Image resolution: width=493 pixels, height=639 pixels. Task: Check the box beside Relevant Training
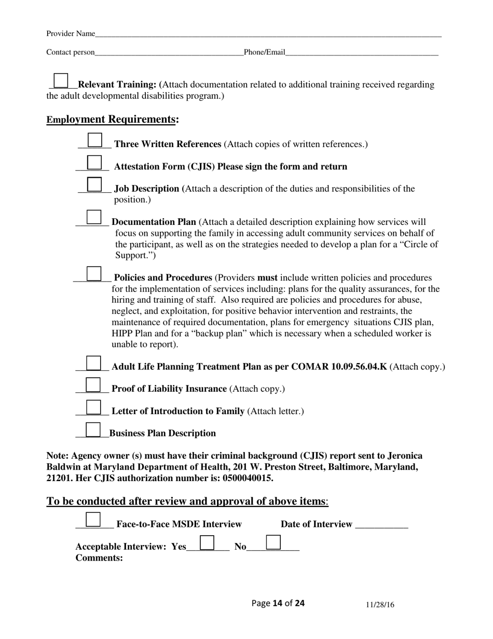tap(61, 81)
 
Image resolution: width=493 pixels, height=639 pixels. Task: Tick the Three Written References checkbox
tap(95, 140)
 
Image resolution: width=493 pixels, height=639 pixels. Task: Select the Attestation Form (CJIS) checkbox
tap(94, 163)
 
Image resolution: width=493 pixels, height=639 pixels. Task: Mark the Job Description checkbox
tap(94, 184)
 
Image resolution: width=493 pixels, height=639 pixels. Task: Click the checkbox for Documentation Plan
tap(94, 217)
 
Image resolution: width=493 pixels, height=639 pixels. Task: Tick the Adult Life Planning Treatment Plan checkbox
tap(93, 363)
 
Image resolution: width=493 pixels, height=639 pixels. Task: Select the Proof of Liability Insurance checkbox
tap(93, 384)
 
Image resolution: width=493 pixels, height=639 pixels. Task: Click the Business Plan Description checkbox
tap(93, 429)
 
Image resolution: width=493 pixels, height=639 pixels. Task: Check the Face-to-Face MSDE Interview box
tap(93, 520)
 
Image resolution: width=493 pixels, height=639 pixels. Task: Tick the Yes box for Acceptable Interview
tap(207, 542)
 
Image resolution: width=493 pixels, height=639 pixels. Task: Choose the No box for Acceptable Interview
tap(273, 542)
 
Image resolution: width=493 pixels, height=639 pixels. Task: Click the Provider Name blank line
tap(268, 34)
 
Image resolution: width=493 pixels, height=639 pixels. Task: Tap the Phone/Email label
tap(265, 52)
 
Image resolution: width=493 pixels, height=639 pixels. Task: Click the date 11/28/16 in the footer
tap(380, 605)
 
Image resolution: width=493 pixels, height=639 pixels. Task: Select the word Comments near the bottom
tap(99, 558)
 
